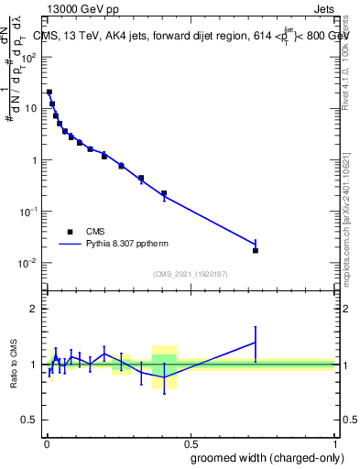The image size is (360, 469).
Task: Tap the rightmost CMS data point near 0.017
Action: (x=256, y=250)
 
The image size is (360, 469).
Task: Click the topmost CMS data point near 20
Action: (x=49, y=92)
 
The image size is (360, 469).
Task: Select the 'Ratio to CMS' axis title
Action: (x=14, y=365)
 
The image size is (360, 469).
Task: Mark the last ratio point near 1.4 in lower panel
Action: (x=256, y=343)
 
